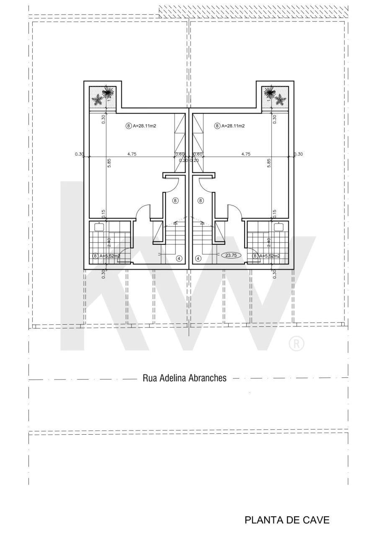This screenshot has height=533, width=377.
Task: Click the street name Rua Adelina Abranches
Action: pyautogui.click(x=184, y=378)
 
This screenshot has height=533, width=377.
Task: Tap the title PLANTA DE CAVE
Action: pyautogui.click(x=287, y=520)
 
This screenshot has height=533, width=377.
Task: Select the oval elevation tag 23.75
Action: pyautogui.click(x=231, y=255)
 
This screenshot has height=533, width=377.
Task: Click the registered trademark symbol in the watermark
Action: pyautogui.click(x=297, y=343)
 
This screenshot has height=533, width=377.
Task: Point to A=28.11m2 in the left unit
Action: pyautogui.click(x=145, y=126)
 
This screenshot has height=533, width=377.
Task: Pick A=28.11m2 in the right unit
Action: pyautogui.click(x=233, y=126)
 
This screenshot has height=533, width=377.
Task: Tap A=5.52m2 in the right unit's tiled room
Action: pyautogui.click(x=269, y=256)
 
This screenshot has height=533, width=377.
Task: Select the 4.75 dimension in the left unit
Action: pyautogui.click(x=132, y=154)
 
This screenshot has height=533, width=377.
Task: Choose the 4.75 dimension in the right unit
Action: pyautogui.click(x=246, y=154)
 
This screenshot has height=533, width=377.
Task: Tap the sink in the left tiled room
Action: pyautogui.click(x=99, y=227)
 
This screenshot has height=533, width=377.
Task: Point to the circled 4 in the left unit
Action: pyautogui.click(x=179, y=259)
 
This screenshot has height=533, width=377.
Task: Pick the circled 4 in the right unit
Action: pyautogui.click(x=199, y=259)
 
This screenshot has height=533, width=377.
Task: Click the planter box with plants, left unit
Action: pyautogui.click(x=103, y=97)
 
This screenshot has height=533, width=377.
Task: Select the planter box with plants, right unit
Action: pyautogui.click(x=275, y=97)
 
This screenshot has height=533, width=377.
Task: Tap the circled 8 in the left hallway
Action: pyautogui.click(x=175, y=201)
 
